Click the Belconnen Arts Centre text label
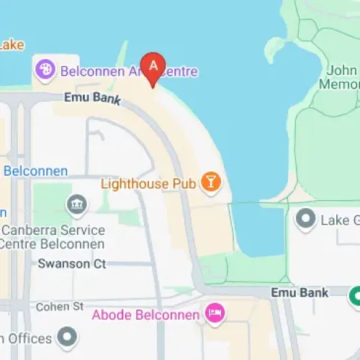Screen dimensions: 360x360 coord(129,72)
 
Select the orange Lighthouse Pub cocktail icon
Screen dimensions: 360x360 coord(210,183)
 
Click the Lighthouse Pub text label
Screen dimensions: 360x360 coord(148,184)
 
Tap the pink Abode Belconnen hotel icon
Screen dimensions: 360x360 coord(215,313)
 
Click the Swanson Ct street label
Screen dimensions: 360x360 coord(72,264)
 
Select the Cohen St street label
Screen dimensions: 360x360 coord(60,307)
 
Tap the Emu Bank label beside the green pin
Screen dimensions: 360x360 coord(300,292)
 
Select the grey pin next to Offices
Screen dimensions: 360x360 coord(67,336)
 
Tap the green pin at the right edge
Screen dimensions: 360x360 coord(355,295)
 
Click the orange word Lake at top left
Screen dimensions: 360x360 coord(12,45)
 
